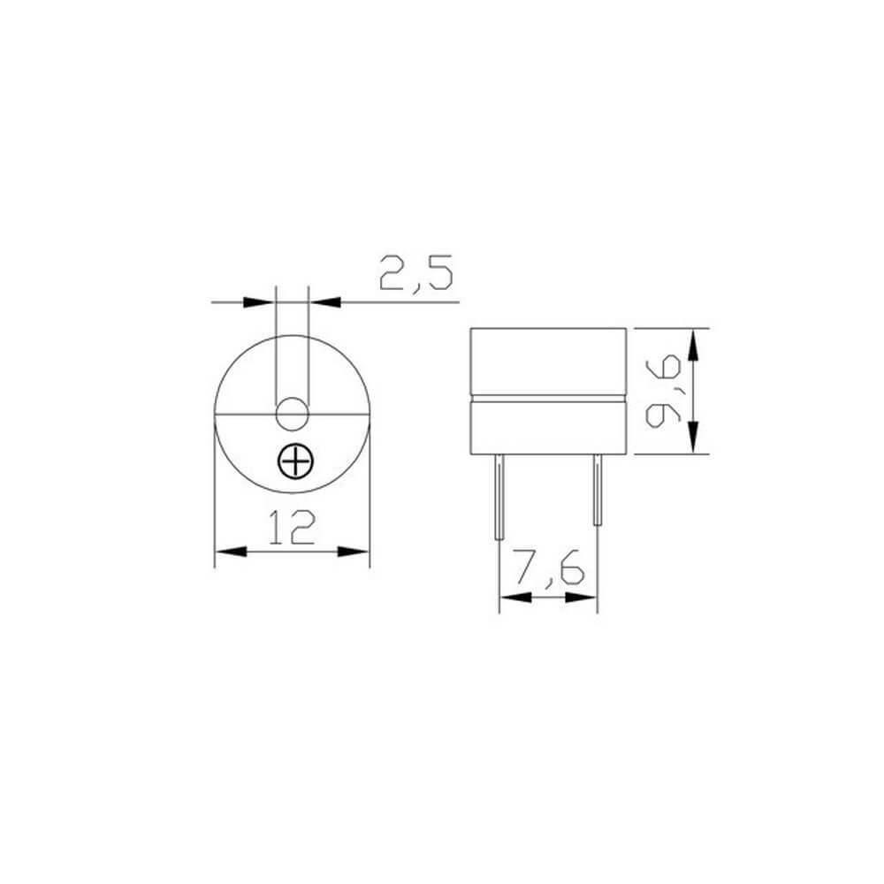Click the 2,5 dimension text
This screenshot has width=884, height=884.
point(415,273)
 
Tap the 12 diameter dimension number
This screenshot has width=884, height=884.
point(292,528)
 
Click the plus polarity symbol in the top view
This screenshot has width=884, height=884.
point(293,460)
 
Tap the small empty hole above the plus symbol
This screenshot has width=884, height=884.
point(293,413)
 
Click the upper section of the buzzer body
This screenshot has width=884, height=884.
point(548,362)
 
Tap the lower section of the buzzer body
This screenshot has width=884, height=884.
point(548,428)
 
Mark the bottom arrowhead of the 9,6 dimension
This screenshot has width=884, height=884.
point(694,439)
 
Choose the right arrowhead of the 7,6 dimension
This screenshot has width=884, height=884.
point(583,598)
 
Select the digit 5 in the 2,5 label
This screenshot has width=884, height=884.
point(437,273)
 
